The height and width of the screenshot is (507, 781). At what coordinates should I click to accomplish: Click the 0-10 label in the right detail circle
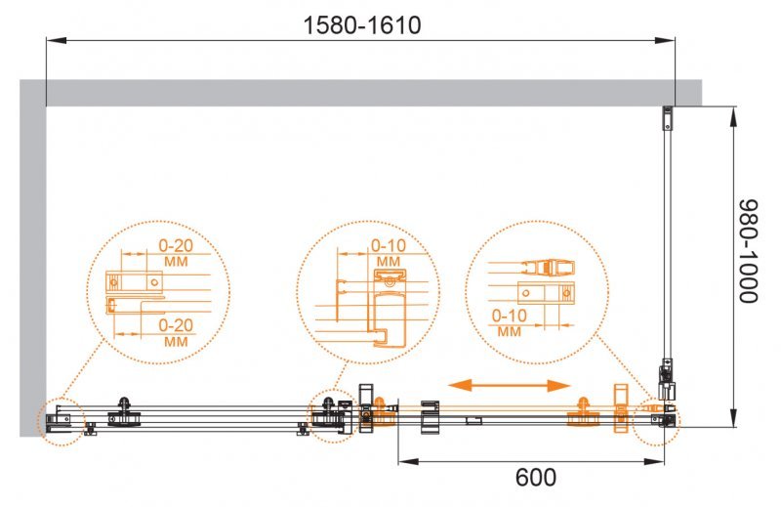coord(509,317)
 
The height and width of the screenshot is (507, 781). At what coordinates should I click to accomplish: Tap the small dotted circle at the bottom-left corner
coord(62,422)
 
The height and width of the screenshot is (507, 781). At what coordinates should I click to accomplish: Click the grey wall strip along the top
coord(371,92)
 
